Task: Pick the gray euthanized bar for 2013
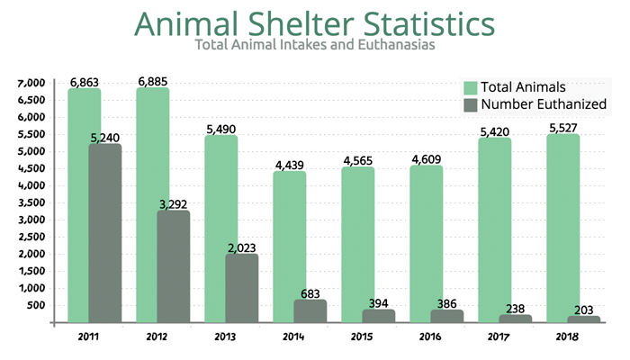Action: [x=242, y=288]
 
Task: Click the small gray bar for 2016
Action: [x=446, y=316]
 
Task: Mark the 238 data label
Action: [x=517, y=306]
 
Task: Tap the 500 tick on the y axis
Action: [x=35, y=305]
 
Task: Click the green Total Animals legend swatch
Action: [x=470, y=87]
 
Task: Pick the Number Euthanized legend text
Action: [x=544, y=105]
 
